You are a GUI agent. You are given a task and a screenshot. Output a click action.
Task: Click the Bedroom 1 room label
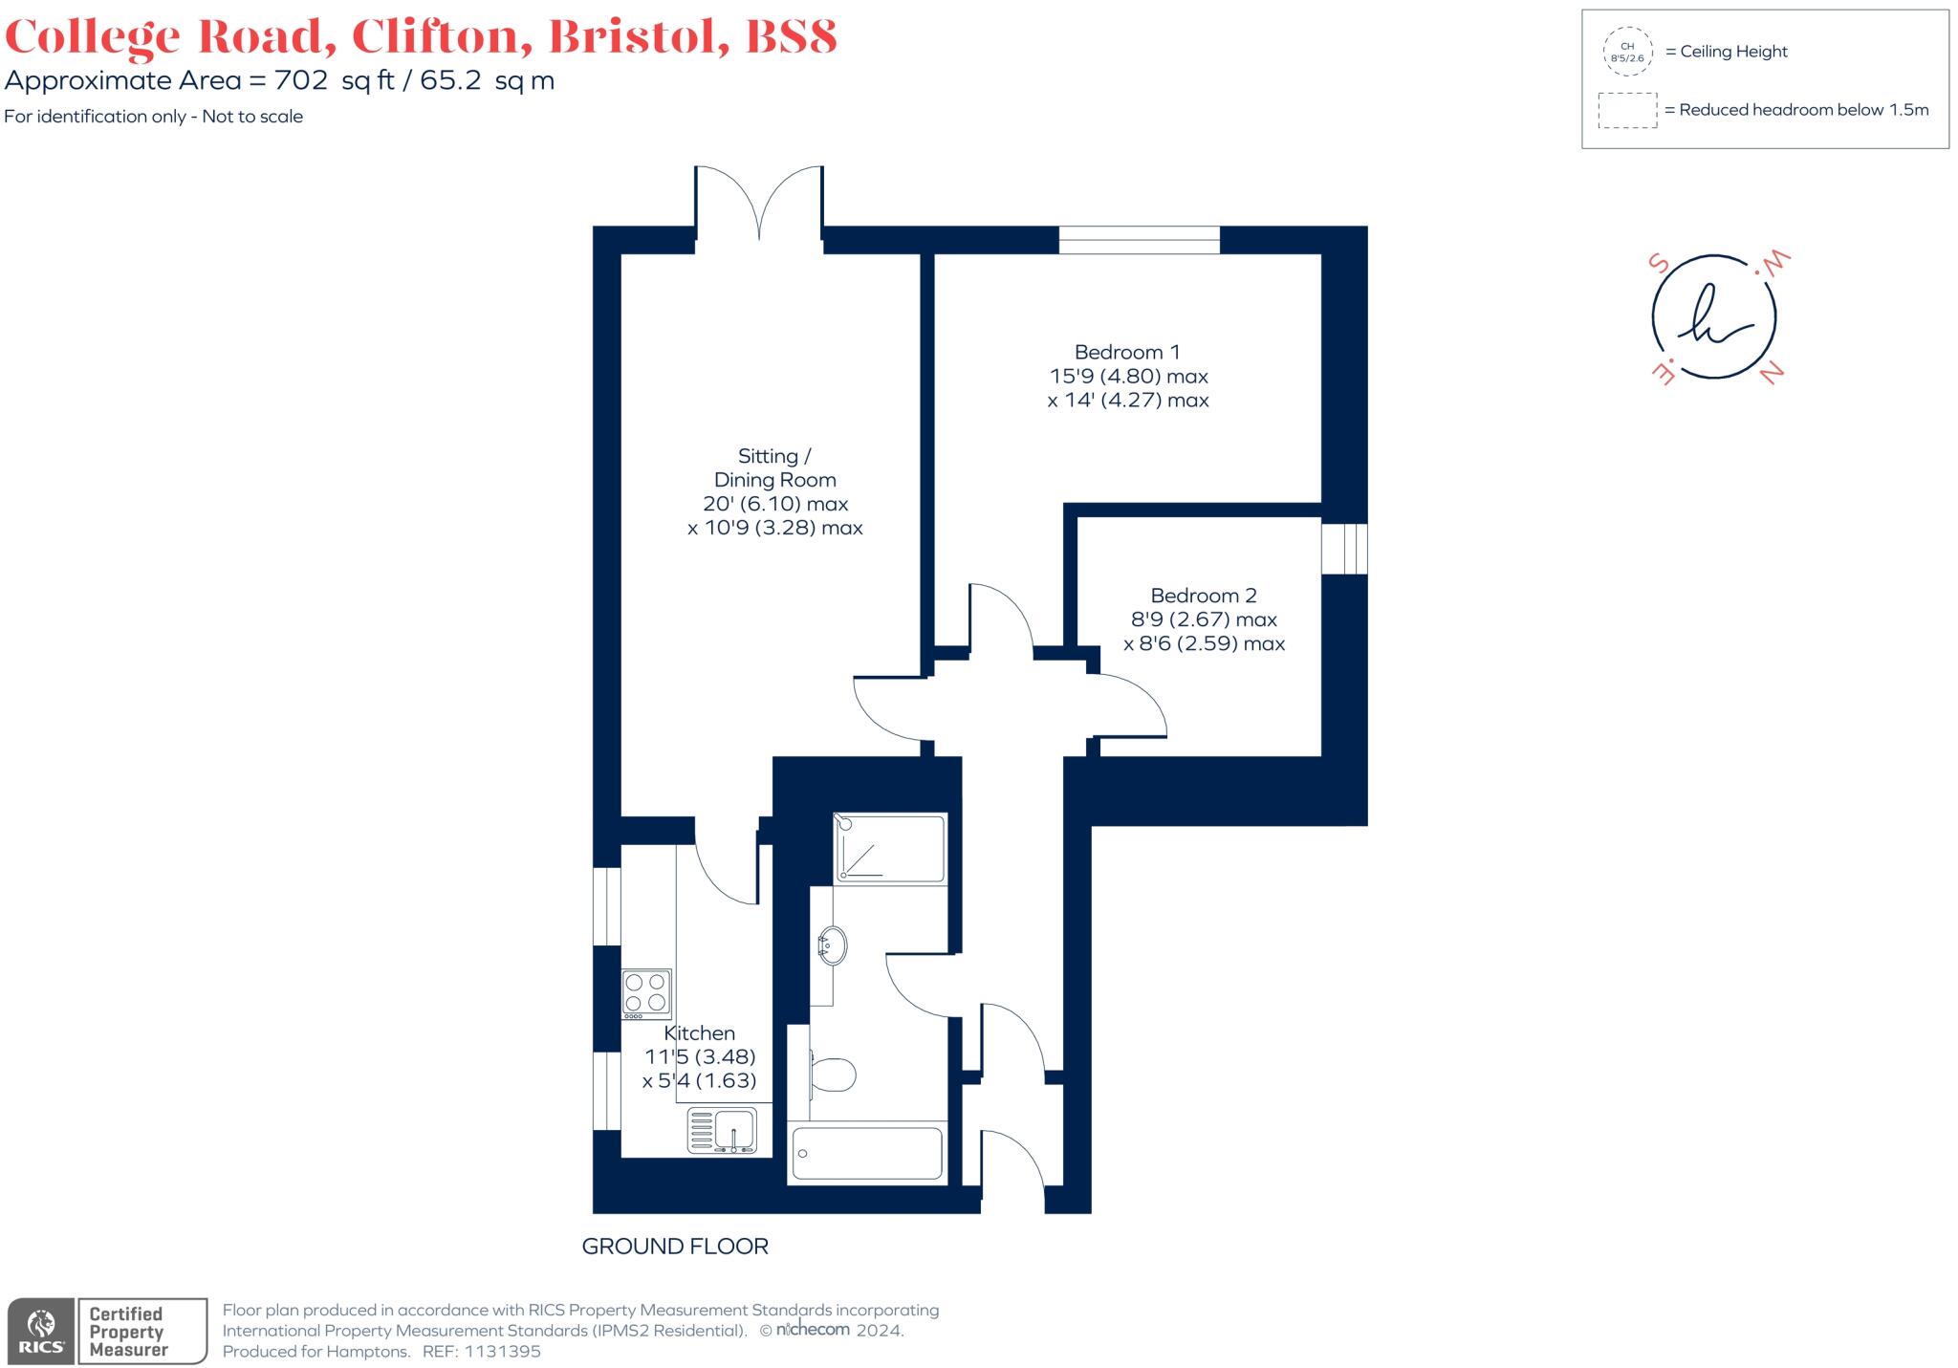[1127, 352]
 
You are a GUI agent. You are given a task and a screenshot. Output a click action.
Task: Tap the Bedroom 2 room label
[1203, 596]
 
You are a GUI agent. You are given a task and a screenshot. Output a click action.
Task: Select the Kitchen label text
[700, 1033]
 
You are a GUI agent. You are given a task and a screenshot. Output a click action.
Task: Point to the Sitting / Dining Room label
[774, 468]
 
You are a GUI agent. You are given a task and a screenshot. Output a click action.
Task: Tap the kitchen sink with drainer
[723, 1130]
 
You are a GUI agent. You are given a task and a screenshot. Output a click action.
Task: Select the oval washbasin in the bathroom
[832, 946]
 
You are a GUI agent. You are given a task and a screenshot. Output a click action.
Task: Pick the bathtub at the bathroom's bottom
[867, 1154]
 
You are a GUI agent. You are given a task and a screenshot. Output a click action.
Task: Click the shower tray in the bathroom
[890, 848]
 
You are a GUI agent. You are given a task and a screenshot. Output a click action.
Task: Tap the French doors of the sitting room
[759, 203]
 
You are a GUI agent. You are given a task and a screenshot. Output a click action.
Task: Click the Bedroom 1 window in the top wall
[1139, 240]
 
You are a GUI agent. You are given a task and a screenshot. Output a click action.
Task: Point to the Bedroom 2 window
[1344, 548]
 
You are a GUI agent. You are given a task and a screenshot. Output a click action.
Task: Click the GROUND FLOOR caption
[675, 1247]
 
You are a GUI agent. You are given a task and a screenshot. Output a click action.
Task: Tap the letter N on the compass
[1772, 373]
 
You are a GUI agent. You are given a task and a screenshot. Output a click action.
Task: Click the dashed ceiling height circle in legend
[1627, 52]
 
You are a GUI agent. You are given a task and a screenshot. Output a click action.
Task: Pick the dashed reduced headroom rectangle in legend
[1627, 110]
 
